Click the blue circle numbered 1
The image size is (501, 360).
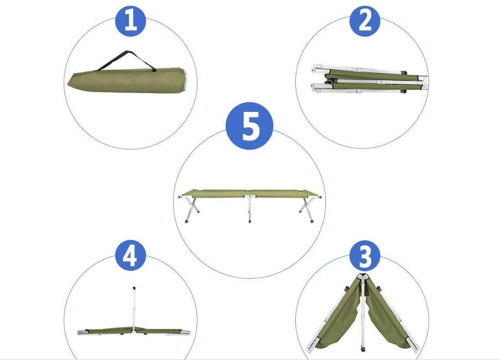click(130, 21)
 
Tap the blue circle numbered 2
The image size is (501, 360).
click(365, 21)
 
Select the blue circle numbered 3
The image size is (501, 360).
click(364, 256)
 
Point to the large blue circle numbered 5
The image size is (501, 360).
click(250, 126)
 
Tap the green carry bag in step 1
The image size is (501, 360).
click(123, 81)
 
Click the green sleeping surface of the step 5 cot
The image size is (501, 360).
click(250, 193)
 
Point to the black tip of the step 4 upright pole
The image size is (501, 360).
click(134, 289)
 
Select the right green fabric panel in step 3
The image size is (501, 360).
click(386, 315)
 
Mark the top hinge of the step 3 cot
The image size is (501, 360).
click(363, 277)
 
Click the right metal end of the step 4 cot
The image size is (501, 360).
click(185, 333)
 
